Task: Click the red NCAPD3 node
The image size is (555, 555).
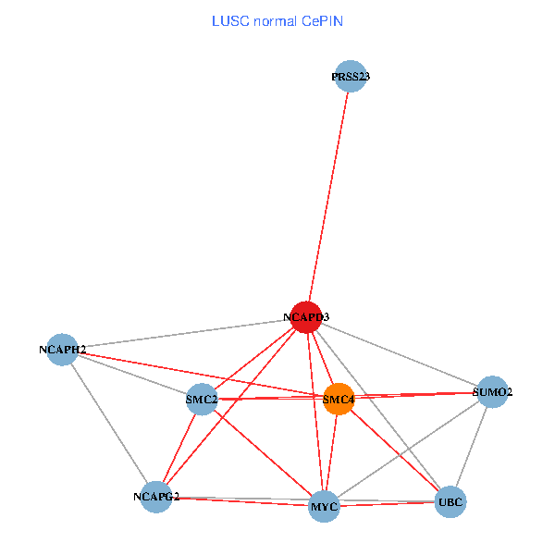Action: (305, 316)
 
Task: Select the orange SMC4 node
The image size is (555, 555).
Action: (339, 399)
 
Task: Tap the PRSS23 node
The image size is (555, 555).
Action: (351, 77)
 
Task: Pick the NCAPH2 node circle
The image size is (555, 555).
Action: (62, 350)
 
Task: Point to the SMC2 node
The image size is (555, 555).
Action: (201, 399)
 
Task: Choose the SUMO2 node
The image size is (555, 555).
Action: (492, 391)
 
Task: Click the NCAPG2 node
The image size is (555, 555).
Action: (156, 497)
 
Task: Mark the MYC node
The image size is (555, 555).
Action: (324, 507)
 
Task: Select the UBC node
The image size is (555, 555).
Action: (450, 501)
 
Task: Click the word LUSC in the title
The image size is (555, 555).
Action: (228, 20)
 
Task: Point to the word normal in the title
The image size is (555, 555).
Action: (273, 20)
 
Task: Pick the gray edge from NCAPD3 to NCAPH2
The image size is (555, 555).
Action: (185, 333)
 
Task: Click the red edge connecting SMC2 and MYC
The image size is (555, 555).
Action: (262, 452)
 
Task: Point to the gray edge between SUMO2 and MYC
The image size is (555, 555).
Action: (408, 449)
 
